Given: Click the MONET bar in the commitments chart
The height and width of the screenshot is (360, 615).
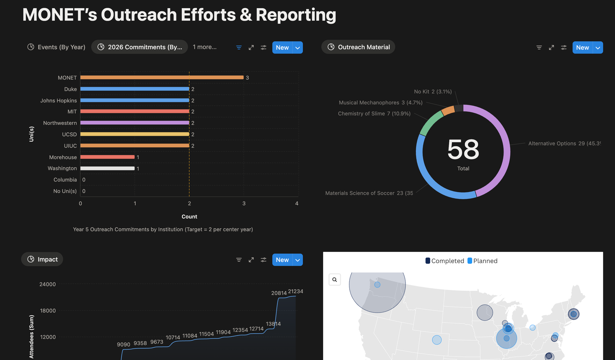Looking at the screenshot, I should [162, 77].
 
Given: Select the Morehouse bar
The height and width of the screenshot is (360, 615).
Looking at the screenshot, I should [107, 157].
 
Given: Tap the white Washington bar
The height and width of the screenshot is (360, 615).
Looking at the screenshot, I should [107, 168].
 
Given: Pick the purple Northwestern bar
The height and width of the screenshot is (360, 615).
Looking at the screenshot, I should [135, 123].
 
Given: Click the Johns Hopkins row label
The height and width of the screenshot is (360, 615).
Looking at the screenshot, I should [58, 101].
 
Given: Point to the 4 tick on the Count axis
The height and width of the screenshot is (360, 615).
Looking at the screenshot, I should [297, 204].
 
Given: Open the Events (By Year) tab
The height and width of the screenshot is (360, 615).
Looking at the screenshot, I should [57, 47].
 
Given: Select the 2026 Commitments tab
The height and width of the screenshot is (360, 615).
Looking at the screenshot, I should [140, 47].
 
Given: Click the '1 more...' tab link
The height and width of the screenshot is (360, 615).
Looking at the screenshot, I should [204, 47].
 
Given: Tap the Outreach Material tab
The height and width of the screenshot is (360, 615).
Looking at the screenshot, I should [358, 47].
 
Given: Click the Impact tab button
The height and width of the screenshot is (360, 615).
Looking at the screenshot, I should [42, 259].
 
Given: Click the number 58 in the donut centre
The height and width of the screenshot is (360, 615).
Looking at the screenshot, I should [463, 149].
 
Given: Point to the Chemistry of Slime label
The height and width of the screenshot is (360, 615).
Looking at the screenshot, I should [374, 114].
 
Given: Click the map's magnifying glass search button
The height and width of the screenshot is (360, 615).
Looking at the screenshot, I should [335, 279].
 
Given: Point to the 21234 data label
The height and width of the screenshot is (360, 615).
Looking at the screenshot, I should [296, 291].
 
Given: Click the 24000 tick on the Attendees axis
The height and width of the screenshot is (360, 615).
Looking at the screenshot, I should [48, 284].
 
